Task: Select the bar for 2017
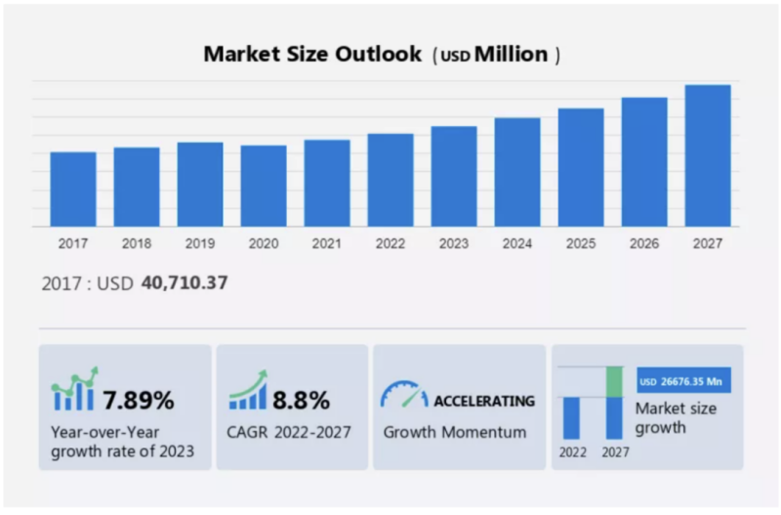[x=73, y=189]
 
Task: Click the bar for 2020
[x=264, y=186]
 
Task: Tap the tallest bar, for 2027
[x=708, y=155]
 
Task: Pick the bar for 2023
[x=454, y=176]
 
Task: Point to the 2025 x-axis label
[x=581, y=243]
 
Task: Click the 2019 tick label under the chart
[x=200, y=243]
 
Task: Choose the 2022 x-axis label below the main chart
[x=390, y=243]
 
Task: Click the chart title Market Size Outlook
[x=312, y=54]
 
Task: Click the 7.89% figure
[x=139, y=399]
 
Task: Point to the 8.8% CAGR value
[x=301, y=399]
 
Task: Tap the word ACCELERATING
[x=484, y=400]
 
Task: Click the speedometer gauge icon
[x=404, y=395]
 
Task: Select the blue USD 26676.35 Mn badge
[x=683, y=380]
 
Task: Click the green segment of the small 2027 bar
[x=614, y=380]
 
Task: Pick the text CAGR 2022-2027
[x=290, y=431]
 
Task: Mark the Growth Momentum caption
[x=455, y=431]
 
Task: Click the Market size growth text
[x=675, y=417]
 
